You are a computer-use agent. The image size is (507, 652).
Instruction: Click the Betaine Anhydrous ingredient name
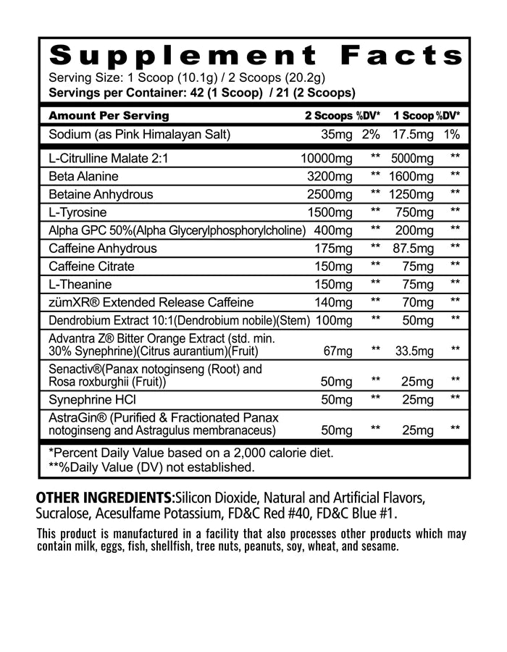(x=101, y=194)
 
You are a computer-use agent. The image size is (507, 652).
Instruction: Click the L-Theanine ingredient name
(x=80, y=285)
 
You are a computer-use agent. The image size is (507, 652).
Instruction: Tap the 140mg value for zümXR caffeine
(x=335, y=302)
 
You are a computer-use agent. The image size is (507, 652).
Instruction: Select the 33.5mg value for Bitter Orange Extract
(x=414, y=351)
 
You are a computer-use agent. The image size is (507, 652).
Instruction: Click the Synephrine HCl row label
(x=92, y=399)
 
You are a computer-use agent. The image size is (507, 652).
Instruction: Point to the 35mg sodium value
(x=337, y=134)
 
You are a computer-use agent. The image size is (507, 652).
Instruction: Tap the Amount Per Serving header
(x=108, y=116)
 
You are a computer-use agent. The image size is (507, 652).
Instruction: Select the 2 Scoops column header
(x=328, y=116)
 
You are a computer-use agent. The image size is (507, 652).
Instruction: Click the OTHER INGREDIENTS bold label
(x=104, y=499)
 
